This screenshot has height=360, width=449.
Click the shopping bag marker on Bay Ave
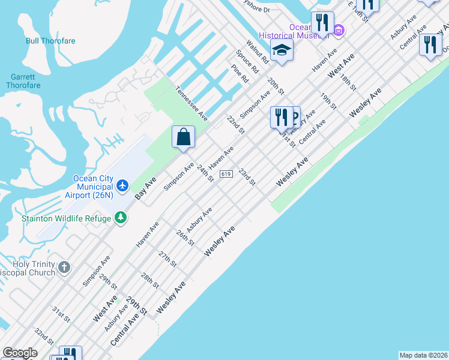coord(184,136)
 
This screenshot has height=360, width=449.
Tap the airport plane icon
coord(123,185)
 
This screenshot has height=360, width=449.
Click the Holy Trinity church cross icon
coord(64,267)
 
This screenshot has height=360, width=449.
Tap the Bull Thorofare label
coord(50,41)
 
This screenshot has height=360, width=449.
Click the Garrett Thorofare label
coord(23,81)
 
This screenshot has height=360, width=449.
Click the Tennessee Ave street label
coord(191,103)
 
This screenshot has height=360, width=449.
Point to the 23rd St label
coord(247,176)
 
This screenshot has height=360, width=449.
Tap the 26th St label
coord(185,237)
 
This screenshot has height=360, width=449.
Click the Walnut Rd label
coord(256,52)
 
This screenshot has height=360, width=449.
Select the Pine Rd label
coord(240,74)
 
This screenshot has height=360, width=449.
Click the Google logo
coord(20,353)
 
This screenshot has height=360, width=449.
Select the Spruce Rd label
coord(247,62)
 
